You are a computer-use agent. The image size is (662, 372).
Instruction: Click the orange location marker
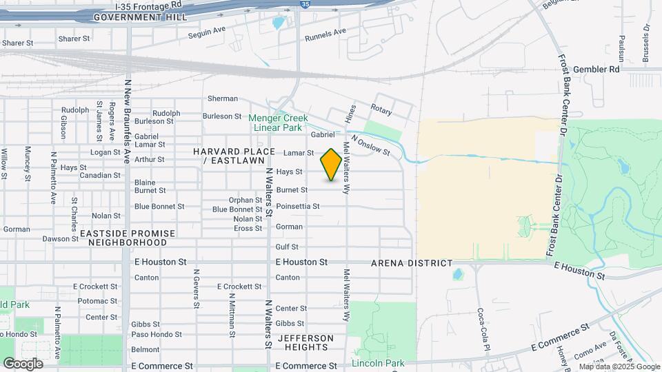[331, 165]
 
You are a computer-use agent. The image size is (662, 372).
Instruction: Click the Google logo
[22, 363]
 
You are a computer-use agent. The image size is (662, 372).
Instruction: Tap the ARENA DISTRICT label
[411, 263]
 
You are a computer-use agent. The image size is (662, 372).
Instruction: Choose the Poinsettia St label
[297, 206]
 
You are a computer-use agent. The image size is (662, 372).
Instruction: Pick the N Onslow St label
[370, 145]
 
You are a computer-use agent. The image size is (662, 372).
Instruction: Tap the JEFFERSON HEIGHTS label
[305, 343]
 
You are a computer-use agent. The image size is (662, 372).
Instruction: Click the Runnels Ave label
[325, 32]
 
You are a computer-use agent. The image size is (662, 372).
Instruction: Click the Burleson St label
[222, 116]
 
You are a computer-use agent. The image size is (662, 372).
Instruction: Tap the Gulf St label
[287, 247]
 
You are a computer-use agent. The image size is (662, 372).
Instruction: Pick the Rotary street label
[381, 110]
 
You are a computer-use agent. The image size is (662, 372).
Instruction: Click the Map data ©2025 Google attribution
[619, 366]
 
